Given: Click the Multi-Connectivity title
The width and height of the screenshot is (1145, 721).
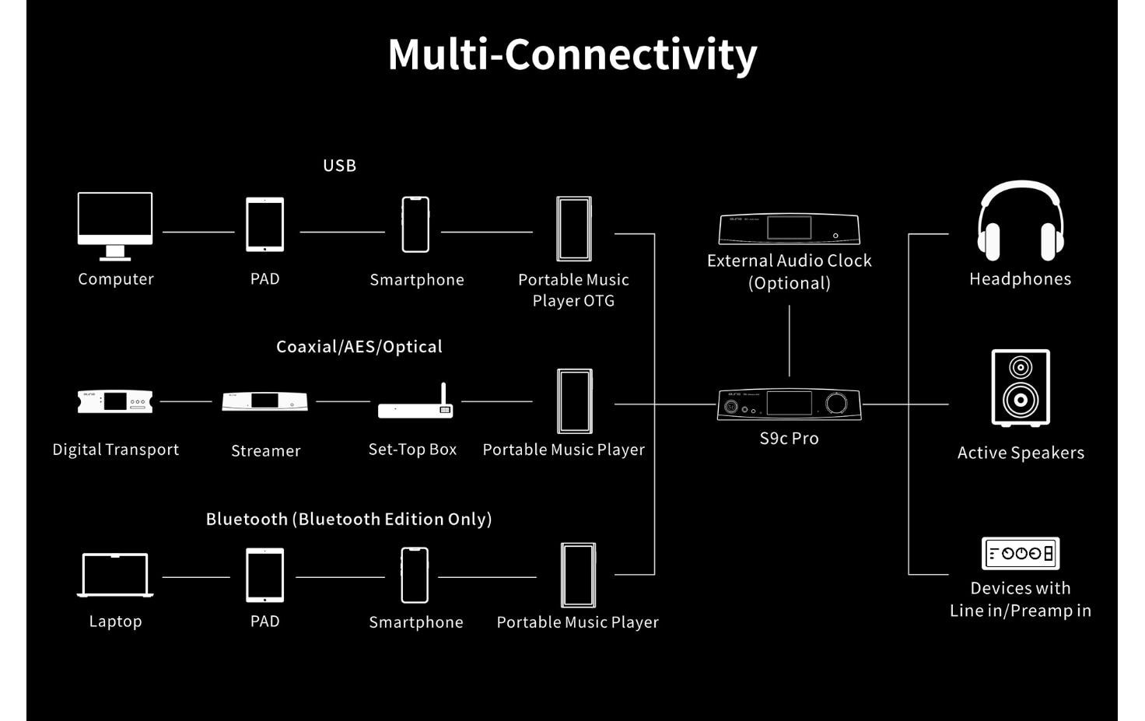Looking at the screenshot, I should (x=572, y=54).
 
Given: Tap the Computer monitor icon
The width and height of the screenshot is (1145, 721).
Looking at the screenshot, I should (x=115, y=225).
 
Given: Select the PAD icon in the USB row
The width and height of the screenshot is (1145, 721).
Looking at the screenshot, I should (x=264, y=225).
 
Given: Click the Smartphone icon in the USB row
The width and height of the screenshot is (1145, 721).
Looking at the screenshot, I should (x=415, y=225).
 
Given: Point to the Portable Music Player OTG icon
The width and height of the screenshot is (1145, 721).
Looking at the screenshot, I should (x=574, y=229).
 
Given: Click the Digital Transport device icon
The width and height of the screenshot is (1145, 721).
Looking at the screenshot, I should (x=115, y=401).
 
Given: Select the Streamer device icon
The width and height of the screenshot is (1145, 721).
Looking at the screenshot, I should (x=264, y=401).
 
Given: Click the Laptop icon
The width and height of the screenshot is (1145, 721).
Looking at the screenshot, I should (x=115, y=576).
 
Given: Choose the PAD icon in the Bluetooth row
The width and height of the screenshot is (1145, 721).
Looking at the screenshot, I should (x=264, y=576).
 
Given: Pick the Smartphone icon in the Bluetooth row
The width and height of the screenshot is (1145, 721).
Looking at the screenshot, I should (x=415, y=576).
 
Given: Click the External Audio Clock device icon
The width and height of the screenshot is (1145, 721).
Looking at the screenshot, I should (x=789, y=229).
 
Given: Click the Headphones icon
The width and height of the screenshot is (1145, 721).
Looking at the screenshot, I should (x=1020, y=222).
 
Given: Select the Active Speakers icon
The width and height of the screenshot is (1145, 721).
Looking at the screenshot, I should (x=1021, y=388).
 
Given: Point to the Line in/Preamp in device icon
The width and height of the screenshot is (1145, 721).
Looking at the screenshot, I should (x=1020, y=554).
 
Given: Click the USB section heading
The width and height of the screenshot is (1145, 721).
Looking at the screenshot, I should (x=339, y=166).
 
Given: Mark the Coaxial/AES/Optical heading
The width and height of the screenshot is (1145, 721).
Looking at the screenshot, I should (x=359, y=347).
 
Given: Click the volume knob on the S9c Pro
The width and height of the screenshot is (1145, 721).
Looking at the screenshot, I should (x=836, y=403).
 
